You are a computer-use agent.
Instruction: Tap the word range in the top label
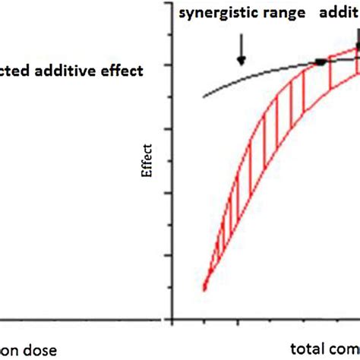pyautogui.click(x=276, y=14)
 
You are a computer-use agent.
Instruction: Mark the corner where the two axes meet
pyautogui.click(x=172, y=317)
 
